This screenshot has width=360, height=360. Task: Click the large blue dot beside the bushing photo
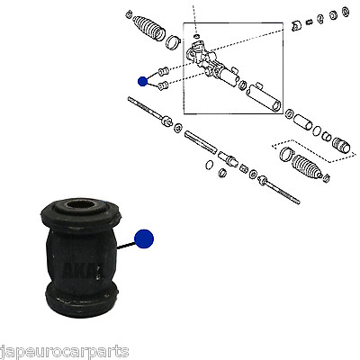click(144, 238)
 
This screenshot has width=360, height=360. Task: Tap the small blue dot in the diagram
click(142, 81)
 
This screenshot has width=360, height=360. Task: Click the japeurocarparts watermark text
click(64, 352)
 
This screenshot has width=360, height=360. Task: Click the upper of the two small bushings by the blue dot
click(163, 72)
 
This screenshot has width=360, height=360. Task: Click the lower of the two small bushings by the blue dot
click(163, 85)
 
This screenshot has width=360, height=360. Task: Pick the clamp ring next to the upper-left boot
click(173, 42)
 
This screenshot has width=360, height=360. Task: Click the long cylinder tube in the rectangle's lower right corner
click(264, 97)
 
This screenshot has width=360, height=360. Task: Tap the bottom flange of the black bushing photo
click(82, 300)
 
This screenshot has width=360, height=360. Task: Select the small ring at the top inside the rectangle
click(196, 36)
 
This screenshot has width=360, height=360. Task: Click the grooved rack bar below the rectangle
click(201, 141)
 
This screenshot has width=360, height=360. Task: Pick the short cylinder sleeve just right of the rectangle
click(303, 122)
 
